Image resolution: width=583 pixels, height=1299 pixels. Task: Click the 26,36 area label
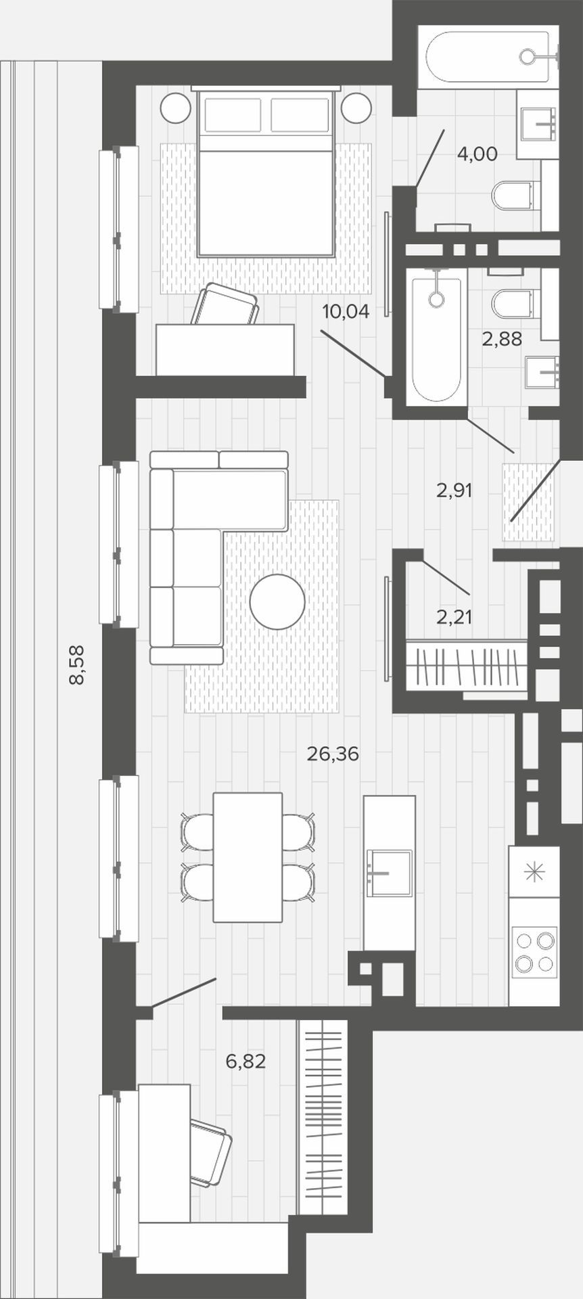332,754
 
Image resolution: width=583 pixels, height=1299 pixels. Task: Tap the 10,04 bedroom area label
346,312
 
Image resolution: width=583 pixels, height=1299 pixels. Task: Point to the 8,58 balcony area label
78,665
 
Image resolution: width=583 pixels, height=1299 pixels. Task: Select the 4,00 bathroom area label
477,154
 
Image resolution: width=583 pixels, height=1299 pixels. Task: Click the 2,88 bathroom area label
502,339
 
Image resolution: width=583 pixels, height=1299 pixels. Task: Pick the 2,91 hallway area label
454,491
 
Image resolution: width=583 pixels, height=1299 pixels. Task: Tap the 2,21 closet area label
454,616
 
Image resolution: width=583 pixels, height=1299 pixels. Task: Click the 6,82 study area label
246,1062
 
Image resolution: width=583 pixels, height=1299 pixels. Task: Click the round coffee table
277,601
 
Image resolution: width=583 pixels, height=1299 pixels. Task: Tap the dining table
248,857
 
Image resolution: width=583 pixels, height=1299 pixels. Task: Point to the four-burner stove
535,951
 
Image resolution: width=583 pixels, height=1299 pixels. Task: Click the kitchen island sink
389,873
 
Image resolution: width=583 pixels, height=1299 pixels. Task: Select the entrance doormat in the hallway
529,502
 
